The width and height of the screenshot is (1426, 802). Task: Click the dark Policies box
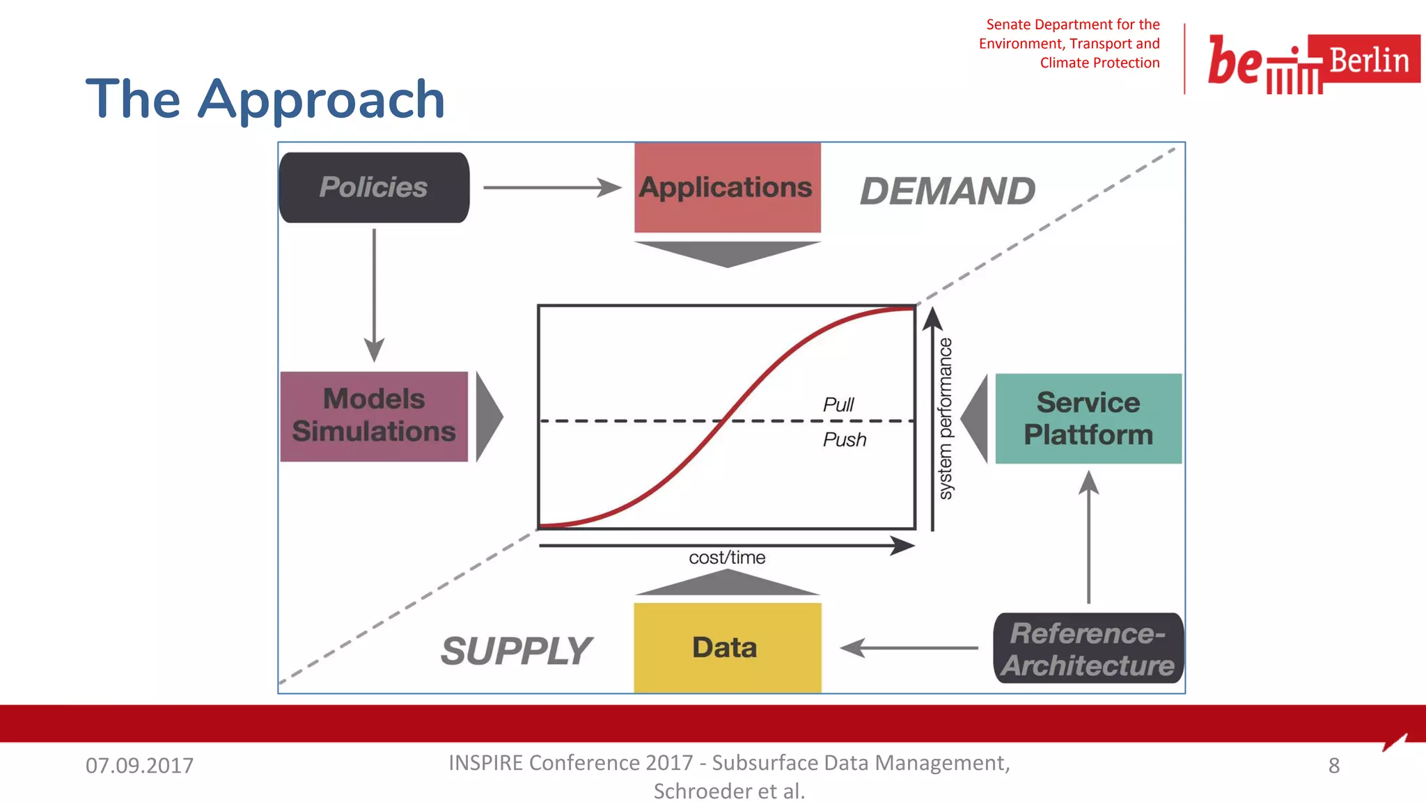(374, 187)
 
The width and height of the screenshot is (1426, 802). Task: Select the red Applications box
(727, 187)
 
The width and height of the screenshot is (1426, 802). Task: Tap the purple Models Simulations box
(374, 416)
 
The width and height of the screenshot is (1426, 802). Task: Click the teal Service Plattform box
(1088, 418)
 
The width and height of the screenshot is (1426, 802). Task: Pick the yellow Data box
(727, 647)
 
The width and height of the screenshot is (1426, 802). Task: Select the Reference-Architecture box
(1088, 648)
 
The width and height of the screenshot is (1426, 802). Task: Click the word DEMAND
(947, 191)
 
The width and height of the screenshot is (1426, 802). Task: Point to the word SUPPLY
(516, 650)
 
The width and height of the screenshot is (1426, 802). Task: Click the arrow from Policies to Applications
(551, 187)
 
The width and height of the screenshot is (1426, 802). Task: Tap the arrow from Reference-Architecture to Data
(909, 647)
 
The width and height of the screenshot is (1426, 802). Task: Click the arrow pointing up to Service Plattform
(1088, 536)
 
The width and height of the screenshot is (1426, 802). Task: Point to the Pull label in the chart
(838, 404)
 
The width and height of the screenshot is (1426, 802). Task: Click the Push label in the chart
(844, 439)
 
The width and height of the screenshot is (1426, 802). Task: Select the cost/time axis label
(727, 558)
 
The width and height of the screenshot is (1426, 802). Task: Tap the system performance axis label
(945, 418)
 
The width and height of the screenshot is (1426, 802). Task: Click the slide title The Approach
(265, 100)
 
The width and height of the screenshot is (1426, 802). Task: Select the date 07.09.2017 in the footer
(139, 765)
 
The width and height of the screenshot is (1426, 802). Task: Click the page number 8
(1333, 765)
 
